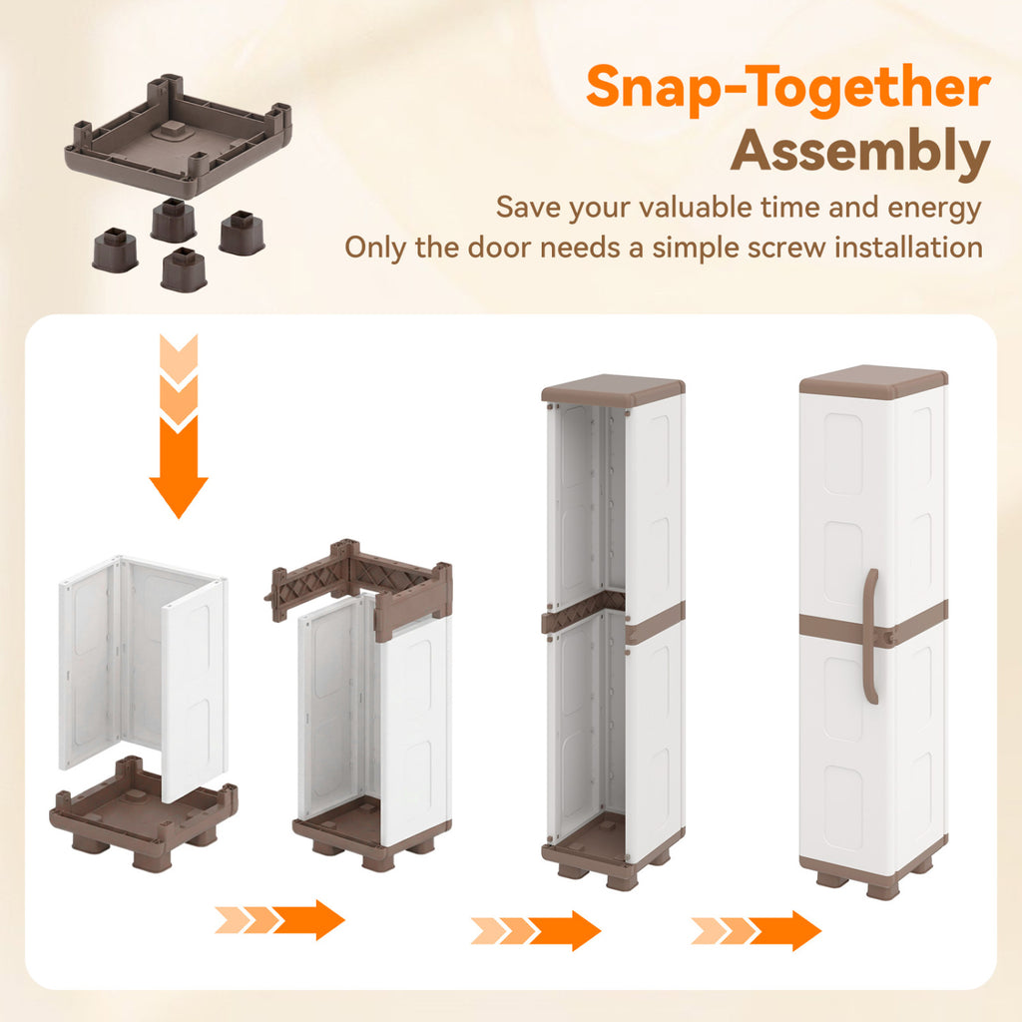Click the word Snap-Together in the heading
click(788, 89)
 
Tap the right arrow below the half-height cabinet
click(279, 919)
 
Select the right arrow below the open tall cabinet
click(536, 930)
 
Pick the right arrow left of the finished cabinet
click(757, 930)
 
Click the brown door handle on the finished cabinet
click(871, 636)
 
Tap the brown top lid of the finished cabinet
click(873, 381)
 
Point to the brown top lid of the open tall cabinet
click(614, 388)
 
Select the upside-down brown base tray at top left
click(178, 136)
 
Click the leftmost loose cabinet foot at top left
click(115, 249)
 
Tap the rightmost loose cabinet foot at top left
click(242, 232)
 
